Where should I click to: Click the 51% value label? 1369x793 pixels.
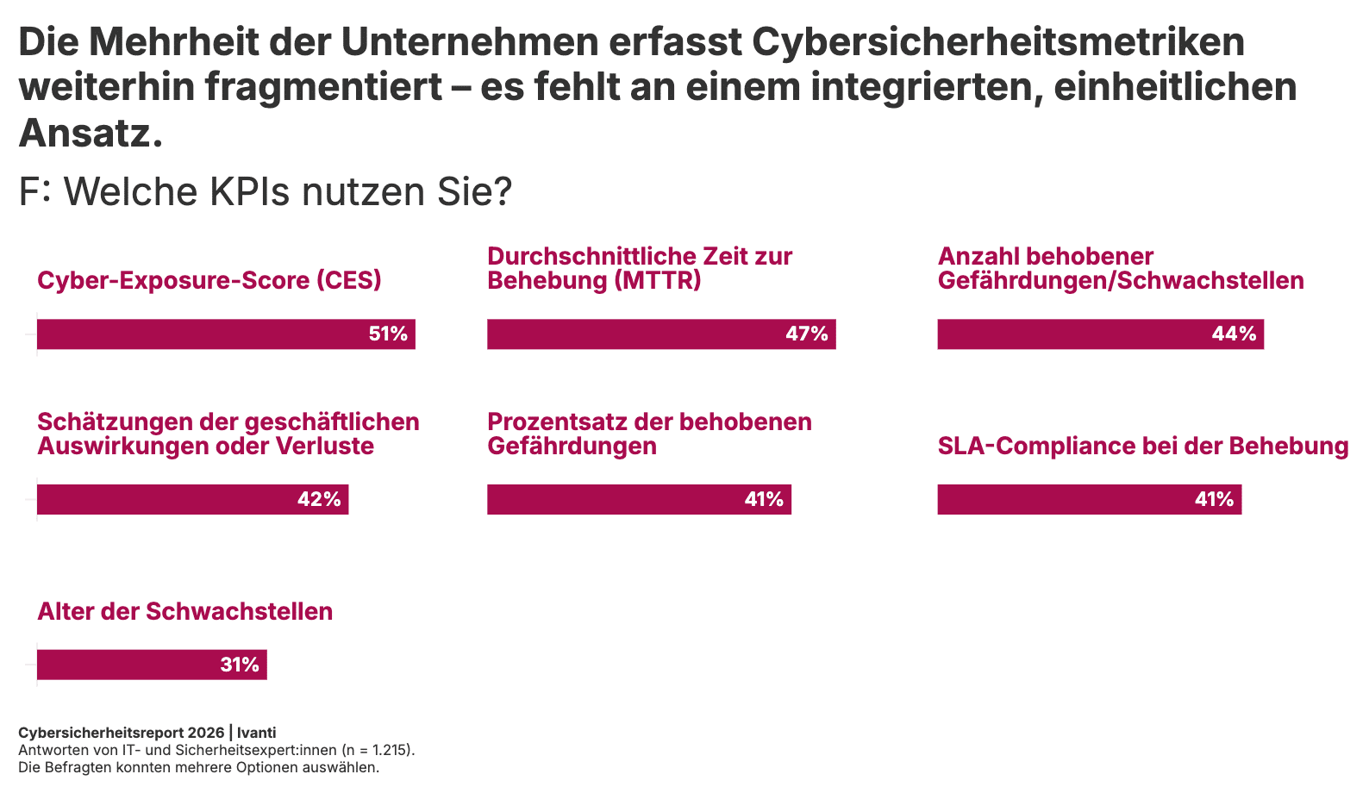point(388,334)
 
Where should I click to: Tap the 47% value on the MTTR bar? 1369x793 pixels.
point(806,334)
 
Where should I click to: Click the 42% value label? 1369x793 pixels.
point(319,500)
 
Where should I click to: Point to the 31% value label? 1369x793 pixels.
point(240,665)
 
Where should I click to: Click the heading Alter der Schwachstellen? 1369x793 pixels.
point(184,612)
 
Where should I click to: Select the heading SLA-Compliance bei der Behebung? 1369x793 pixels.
point(1142,446)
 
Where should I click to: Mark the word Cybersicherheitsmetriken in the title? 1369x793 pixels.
point(998,42)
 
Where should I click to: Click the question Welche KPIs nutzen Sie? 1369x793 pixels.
point(288,192)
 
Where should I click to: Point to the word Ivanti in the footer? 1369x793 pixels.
point(257,733)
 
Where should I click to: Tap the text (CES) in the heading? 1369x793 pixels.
point(348,281)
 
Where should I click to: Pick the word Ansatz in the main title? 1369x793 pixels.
point(84,134)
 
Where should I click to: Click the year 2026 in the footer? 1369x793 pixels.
point(205,733)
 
